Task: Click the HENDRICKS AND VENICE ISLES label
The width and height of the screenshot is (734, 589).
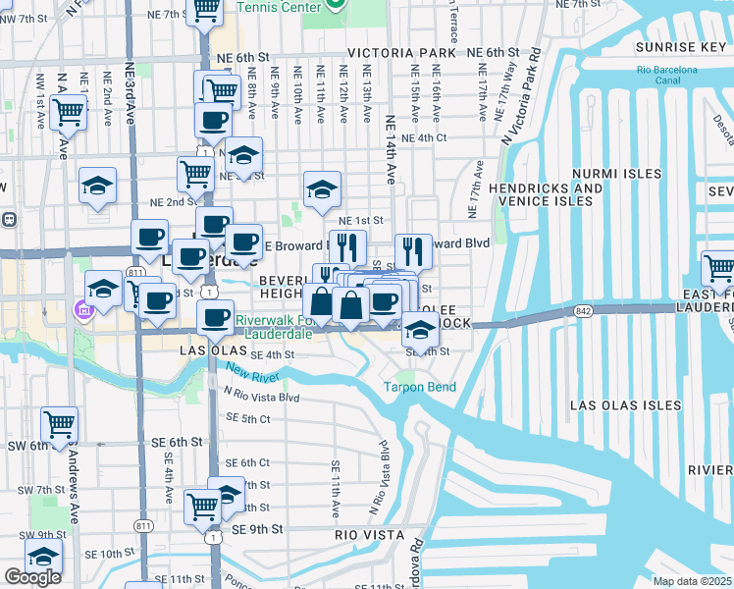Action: click(545, 194)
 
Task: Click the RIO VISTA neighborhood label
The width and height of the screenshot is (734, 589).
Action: click(369, 535)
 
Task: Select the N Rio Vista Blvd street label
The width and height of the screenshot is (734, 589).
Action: click(261, 398)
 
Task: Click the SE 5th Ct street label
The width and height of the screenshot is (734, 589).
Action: click(247, 419)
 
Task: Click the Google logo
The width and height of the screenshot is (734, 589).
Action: click(33, 577)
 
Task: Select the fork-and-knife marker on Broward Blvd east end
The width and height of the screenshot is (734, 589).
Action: click(414, 252)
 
